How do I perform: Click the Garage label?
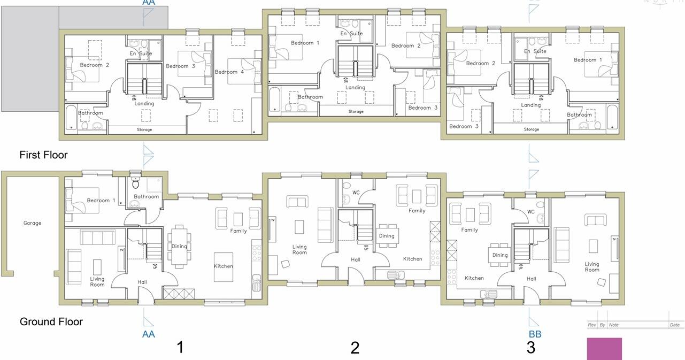coord(32,223)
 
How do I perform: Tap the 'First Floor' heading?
coord(43,155)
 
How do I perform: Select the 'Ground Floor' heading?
coord(51,322)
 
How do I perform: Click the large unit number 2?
coord(355,348)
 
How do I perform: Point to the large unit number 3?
coord(530,348)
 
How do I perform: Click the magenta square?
coord(604,349)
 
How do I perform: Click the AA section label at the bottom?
coord(148,334)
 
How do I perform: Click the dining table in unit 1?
coord(179,247)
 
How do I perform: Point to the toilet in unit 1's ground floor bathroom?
coord(135,183)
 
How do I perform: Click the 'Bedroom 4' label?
coord(226,72)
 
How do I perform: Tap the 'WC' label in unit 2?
coord(356,193)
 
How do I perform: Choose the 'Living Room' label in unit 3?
coord(592,267)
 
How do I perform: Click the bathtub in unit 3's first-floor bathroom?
coord(612,118)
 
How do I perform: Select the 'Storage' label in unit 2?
coord(356,112)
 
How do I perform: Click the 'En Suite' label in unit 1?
coord(141,53)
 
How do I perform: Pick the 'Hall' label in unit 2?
coord(356,260)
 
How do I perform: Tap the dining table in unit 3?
coord(500,255)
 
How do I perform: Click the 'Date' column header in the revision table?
coord(674,325)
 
